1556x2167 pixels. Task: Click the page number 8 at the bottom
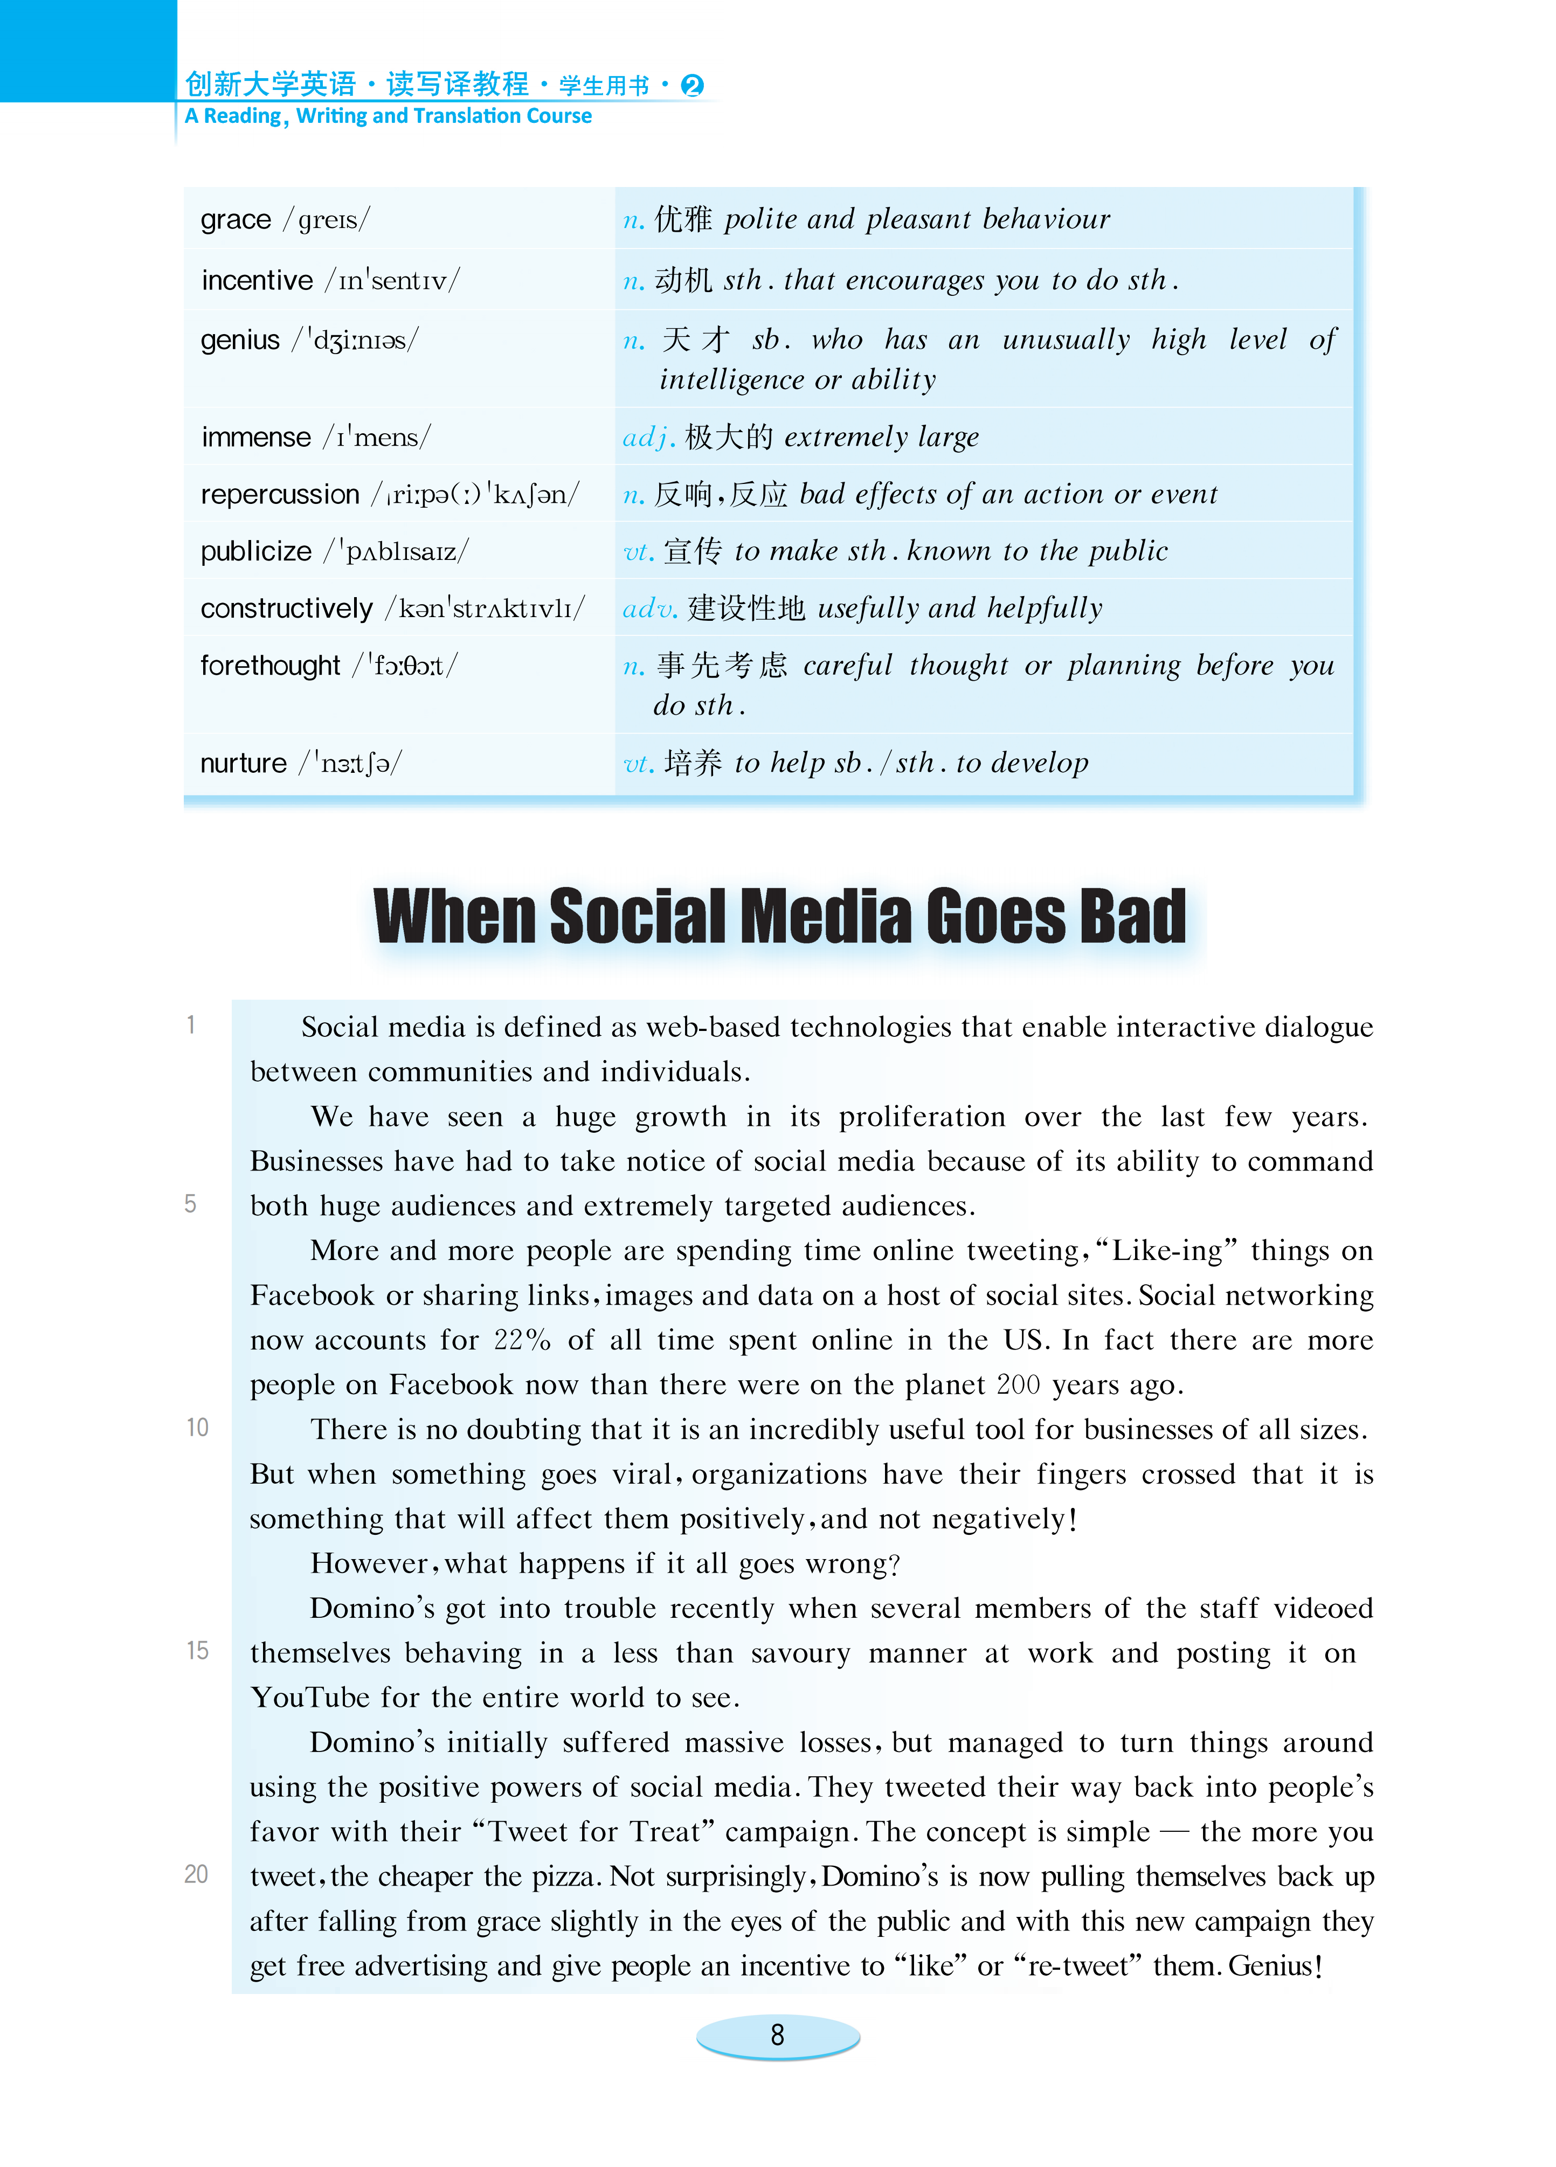coord(777,2034)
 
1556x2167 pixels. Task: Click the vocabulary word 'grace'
coord(235,220)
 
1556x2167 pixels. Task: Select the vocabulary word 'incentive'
coord(256,280)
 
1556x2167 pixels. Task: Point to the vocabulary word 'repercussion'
coord(279,494)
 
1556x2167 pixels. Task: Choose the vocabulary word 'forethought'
coord(269,665)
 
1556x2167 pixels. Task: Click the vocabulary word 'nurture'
coord(243,763)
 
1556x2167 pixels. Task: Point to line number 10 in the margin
coord(197,1428)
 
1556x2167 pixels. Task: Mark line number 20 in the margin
coord(196,1874)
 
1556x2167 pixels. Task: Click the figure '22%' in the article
coord(522,1340)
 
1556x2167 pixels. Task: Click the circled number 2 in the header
coord(692,86)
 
